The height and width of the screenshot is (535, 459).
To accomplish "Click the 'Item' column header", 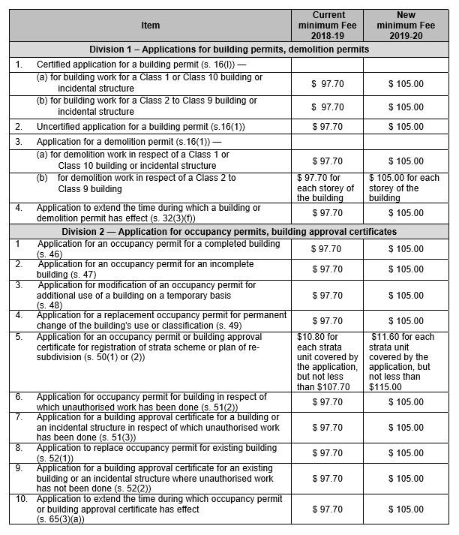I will coord(150,26).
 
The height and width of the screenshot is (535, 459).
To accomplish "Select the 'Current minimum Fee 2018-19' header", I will coord(328,25).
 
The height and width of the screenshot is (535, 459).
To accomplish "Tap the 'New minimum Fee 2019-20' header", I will coord(406,25).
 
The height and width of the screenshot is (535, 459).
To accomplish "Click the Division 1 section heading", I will coord(229,50).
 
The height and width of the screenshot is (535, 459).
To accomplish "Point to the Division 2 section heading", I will coord(229,232).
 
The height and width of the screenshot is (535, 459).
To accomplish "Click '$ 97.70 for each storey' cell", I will coord(327,188).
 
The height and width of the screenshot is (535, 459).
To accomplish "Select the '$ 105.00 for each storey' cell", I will coord(406,188).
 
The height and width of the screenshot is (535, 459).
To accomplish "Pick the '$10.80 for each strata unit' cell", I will coord(327,362).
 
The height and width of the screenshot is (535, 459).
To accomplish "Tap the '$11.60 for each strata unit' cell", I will coord(406,362).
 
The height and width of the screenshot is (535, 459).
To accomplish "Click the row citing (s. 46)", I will coord(150,248).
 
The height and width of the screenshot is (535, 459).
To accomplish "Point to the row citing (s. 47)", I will coord(150,269).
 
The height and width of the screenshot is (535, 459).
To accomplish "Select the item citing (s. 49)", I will coord(150,320).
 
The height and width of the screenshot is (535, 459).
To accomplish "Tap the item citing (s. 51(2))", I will coord(150,401).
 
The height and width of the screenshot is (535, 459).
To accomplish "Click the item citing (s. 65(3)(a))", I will coord(150,509).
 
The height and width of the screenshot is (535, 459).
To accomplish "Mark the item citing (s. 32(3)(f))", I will coord(150,212).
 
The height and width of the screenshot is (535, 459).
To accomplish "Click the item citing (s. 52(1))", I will coord(150,452).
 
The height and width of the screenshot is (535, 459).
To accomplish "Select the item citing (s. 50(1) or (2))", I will coord(150,347).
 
